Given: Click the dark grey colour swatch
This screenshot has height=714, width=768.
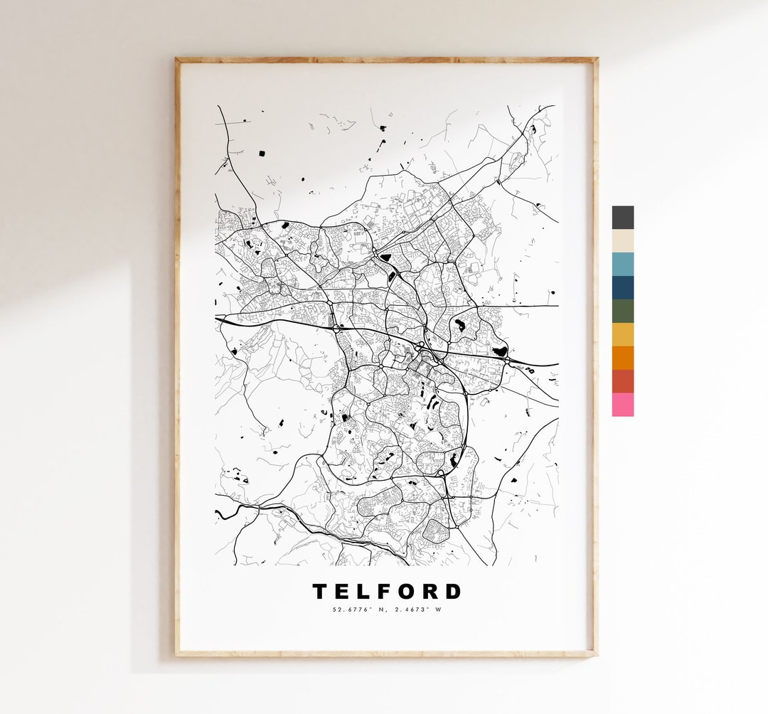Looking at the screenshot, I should tap(622, 218).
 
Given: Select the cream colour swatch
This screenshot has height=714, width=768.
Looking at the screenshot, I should tap(622, 241).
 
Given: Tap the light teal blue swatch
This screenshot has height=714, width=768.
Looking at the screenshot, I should tap(622, 265).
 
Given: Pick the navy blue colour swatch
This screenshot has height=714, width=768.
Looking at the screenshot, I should tap(622, 288).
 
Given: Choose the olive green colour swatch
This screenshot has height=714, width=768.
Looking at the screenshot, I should tap(622, 311).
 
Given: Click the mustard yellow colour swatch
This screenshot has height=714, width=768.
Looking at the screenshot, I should tap(622, 335).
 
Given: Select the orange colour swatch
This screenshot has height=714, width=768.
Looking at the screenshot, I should tap(622, 358).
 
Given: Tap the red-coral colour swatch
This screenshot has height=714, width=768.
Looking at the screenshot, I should tap(622, 381).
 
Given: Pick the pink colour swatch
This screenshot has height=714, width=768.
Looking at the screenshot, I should tap(622, 405).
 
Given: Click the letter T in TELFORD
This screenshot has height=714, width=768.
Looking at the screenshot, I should tap(321, 592).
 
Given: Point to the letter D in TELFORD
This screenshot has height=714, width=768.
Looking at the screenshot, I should tap(452, 592).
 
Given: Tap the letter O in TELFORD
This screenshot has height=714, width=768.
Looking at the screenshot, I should tap(407, 592).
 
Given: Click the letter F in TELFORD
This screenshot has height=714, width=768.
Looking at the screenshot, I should tap(385, 592).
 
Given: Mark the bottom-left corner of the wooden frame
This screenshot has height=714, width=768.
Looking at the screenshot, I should tap(178, 654).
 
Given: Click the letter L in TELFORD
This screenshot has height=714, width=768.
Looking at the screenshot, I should tap(364, 592).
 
